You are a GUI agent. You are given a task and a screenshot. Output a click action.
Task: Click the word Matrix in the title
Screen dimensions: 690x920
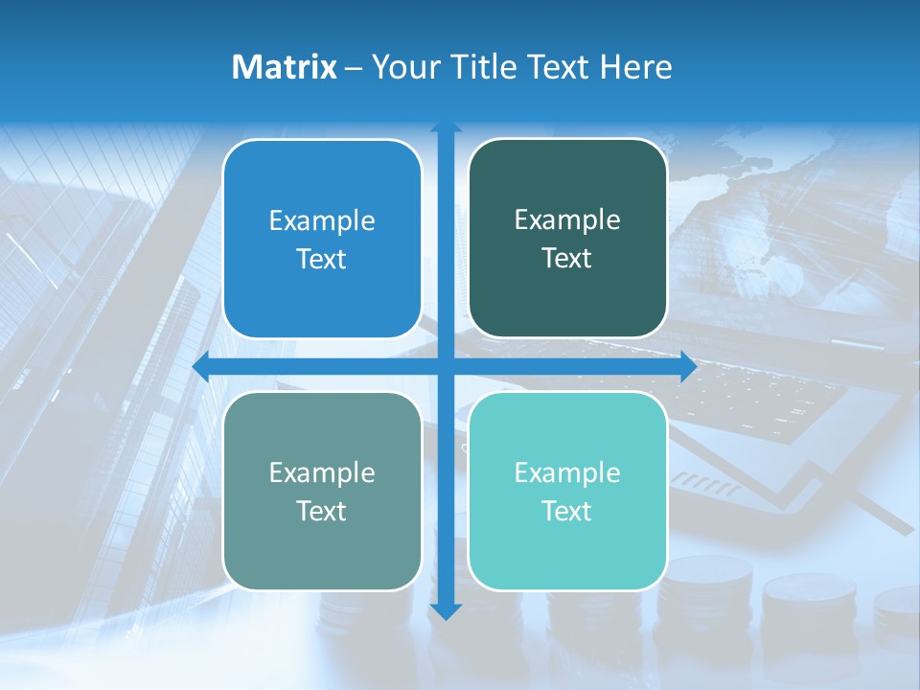284,67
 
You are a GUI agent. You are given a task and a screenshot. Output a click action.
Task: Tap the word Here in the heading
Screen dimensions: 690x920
635,67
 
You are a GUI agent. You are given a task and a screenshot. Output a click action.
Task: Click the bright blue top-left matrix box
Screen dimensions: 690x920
322,239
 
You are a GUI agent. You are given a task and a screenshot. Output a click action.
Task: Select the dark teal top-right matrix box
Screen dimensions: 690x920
567,239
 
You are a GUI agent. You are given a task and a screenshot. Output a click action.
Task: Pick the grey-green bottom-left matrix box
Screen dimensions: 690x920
322,491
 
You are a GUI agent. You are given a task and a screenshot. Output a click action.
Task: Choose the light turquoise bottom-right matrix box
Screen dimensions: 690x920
567,491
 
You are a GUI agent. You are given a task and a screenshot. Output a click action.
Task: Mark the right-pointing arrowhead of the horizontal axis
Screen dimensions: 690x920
688,367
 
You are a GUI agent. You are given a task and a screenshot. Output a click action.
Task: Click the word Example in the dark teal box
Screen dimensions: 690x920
567,219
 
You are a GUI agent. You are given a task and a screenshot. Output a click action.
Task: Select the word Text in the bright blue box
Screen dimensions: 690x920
322,260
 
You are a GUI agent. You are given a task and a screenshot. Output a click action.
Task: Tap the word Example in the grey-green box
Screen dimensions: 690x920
322,472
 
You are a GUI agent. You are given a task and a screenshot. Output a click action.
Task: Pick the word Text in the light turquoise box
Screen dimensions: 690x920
567,512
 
